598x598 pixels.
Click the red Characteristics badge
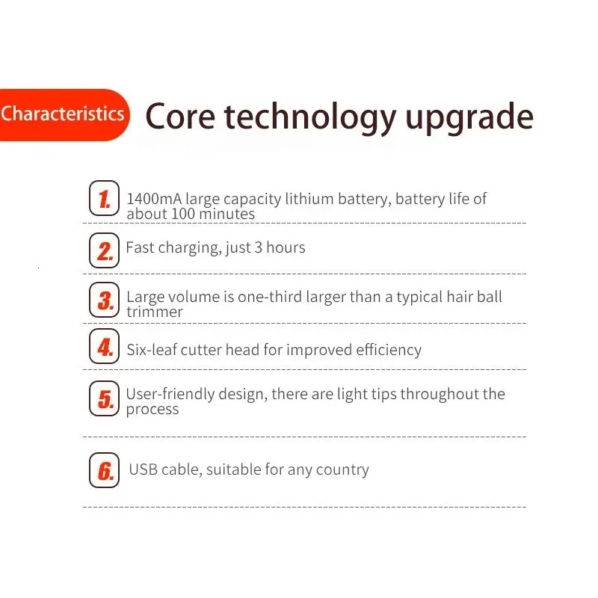(64, 115)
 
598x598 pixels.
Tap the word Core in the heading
(180, 117)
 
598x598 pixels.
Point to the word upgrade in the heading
(469, 118)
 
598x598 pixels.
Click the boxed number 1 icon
(104, 198)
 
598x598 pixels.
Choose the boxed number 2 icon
(104, 250)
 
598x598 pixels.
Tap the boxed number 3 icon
(104, 300)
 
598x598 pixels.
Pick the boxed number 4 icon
(104, 346)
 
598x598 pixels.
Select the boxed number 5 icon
(104, 398)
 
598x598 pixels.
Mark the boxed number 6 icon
(104, 470)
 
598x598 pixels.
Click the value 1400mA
(154, 199)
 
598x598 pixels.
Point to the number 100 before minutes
(183, 214)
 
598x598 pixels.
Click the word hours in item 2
(286, 247)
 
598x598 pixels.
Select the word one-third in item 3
(270, 297)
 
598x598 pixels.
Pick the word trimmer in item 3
(155, 312)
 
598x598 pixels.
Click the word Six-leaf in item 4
(152, 350)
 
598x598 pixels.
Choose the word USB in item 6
(144, 469)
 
